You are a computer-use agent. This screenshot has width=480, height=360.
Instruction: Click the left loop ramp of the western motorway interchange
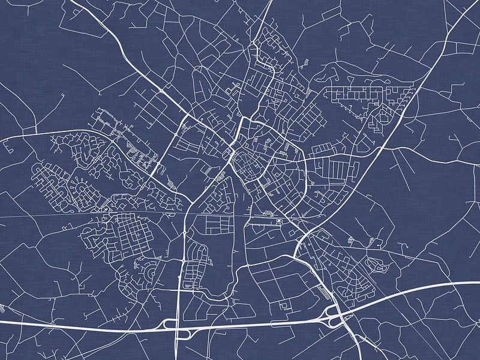pos(170,324)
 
